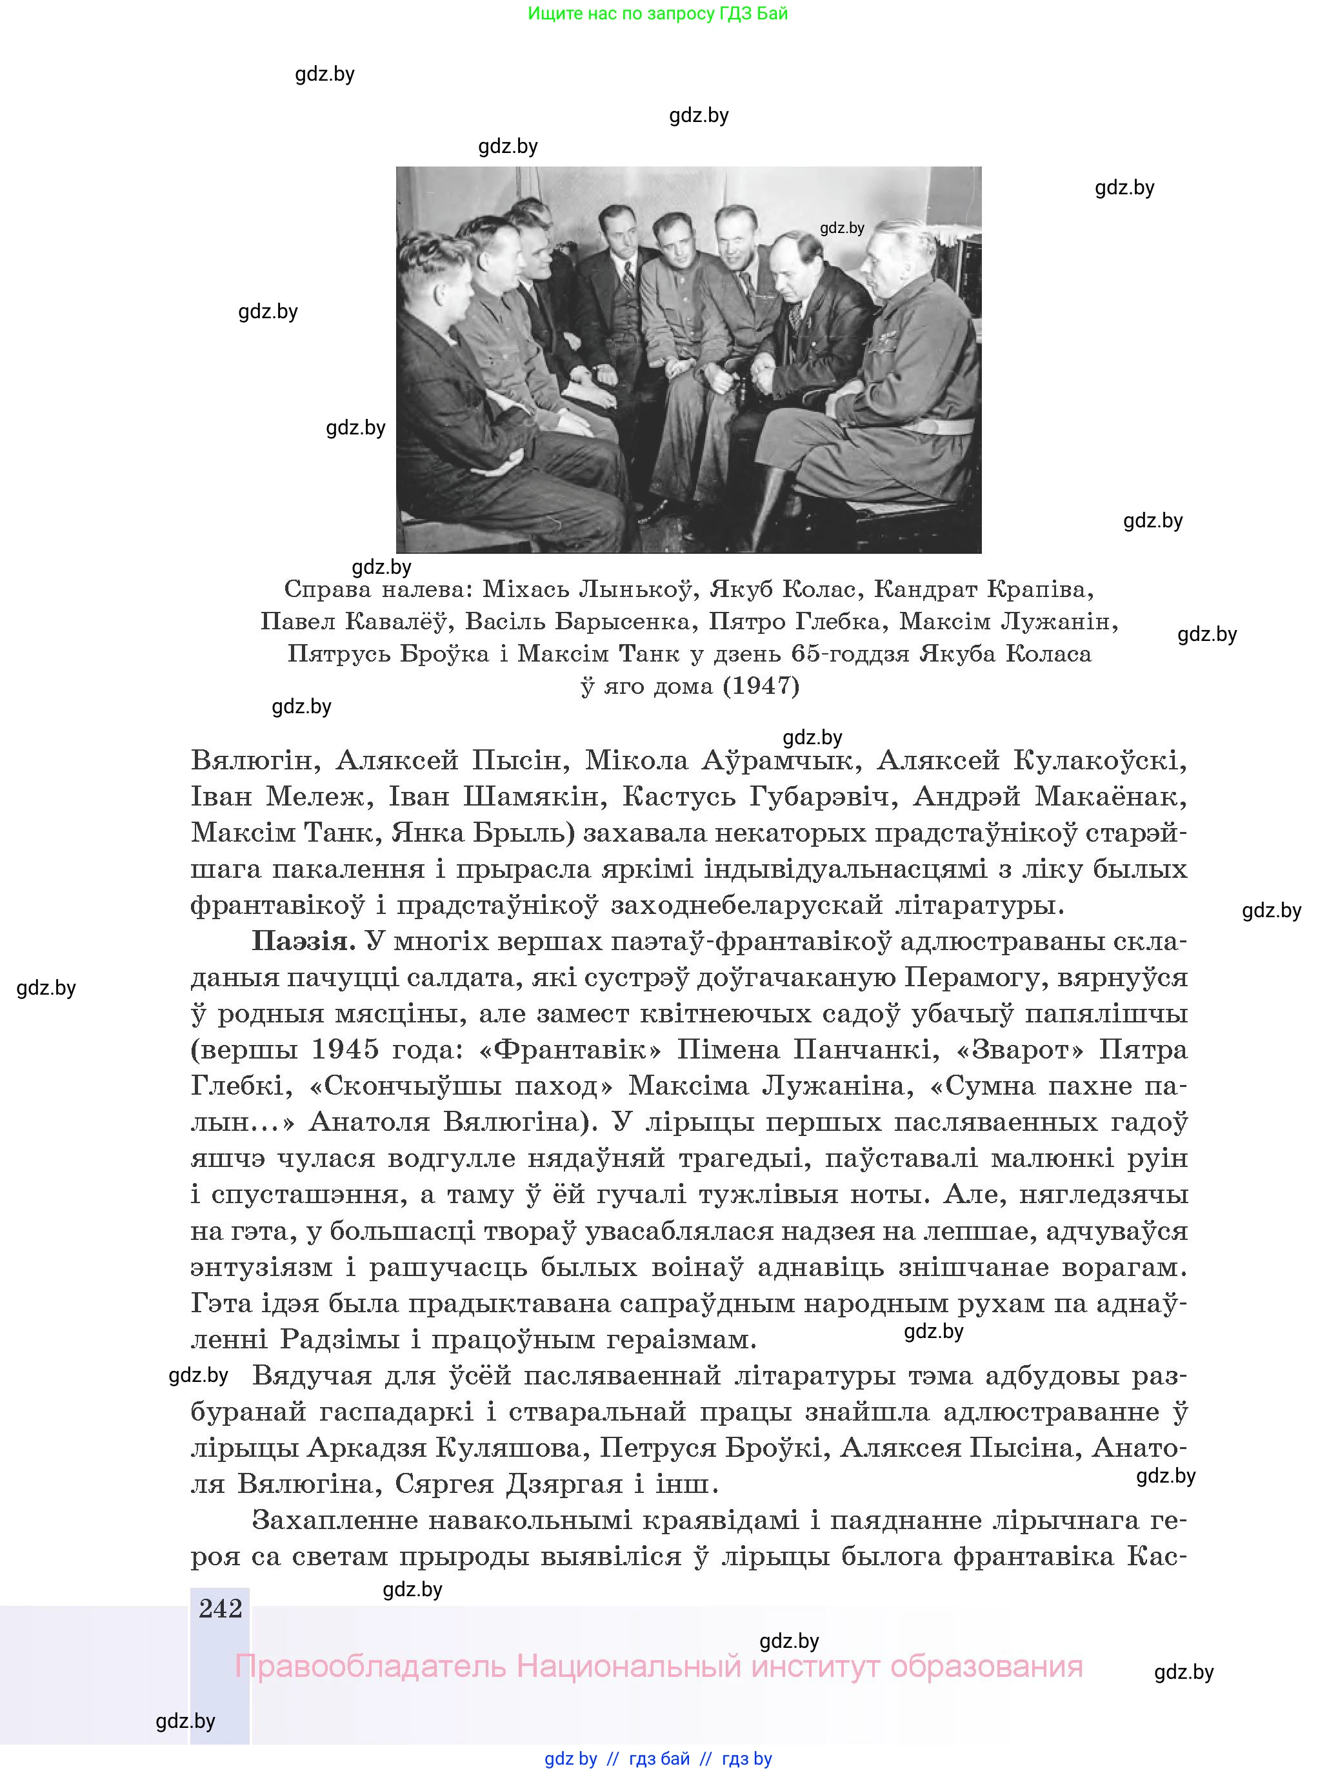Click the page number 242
click(x=220, y=1608)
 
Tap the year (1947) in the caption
click(x=761, y=685)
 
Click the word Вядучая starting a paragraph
click(x=312, y=1375)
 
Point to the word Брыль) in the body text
click(x=523, y=833)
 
